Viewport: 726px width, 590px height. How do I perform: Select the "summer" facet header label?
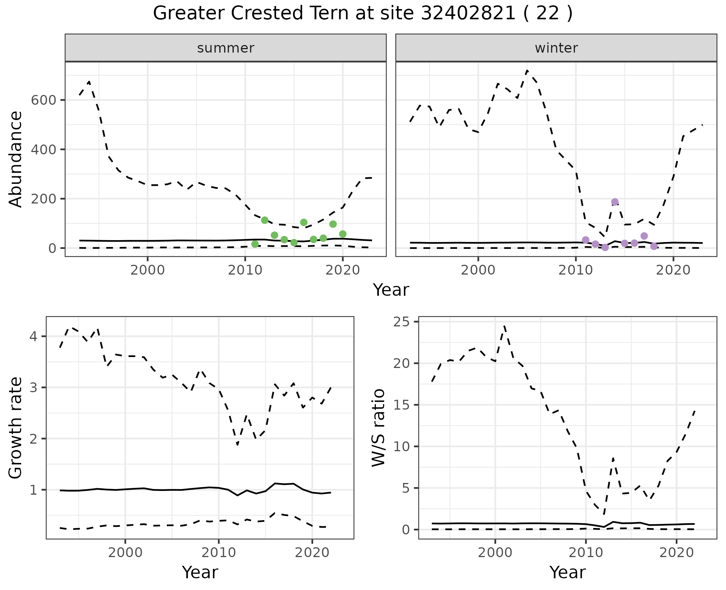[x=225, y=48]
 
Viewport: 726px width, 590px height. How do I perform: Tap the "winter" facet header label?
[x=556, y=48]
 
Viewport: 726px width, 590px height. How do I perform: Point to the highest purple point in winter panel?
[x=615, y=202]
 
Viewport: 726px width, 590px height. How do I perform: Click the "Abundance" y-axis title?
[x=16, y=159]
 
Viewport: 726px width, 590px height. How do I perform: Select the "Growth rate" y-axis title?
[x=16, y=428]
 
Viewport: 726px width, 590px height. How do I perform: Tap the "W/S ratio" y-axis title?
[x=379, y=428]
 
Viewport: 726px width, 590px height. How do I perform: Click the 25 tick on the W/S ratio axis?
[x=406, y=322]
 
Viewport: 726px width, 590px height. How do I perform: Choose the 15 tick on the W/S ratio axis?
[x=406, y=405]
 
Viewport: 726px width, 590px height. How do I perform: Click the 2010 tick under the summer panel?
[x=245, y=270]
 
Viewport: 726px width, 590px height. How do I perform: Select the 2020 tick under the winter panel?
[x=673, y=270]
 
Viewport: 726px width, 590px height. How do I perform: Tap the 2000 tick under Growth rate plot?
[x=125, y=553]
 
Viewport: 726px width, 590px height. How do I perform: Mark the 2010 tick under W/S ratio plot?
[x=585, y=553]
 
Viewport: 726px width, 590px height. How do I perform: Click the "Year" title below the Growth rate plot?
[x=200, y=572]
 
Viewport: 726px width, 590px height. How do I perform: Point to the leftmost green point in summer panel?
[x=255, y=244]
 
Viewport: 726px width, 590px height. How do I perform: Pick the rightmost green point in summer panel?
[x=343, y=234]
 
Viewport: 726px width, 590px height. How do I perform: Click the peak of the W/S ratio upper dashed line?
[x=504, y=326]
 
